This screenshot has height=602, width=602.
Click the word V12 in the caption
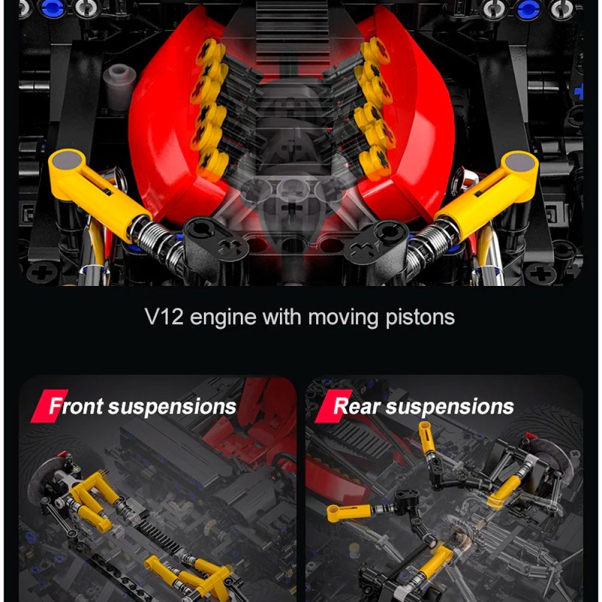164,317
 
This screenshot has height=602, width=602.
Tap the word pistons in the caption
420,318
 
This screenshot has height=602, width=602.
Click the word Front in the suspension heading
76,406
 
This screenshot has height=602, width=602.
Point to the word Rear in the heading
358,406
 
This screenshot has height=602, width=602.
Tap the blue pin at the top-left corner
54,8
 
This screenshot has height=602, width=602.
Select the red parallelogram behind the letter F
49,406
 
